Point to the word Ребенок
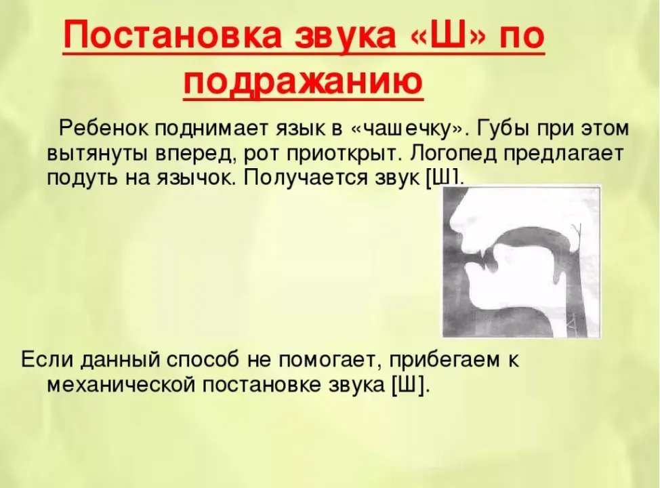pyautogui.click(x=104, y=128)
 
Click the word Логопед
pyautogui.click(x=452, y=153)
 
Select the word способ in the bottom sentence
pyautogui.click(x=203, y=361)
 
